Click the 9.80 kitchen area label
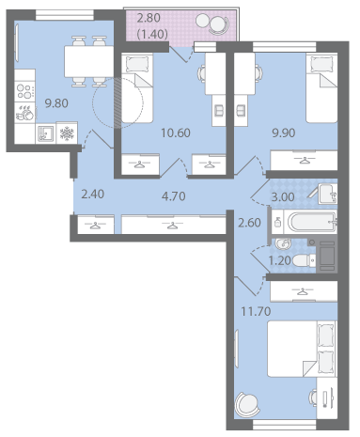[56, 103]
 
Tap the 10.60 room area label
[176, 133]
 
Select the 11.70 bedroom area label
[256, 311]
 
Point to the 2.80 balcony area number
[149, 18]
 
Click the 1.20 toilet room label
[280, 260]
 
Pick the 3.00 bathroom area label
[283, 197]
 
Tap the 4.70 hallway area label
[174, 196]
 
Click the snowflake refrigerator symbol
[67, 133]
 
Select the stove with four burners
[24, 91]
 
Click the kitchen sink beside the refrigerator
[46, 133]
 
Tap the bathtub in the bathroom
[313, 223]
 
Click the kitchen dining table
[89, 62]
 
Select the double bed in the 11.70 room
[302, 349]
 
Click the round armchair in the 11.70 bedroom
[247, 404]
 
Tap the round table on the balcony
[203, 21]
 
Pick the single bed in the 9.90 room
[321, 88]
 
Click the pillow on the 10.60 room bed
[137, 64]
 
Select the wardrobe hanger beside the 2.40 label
[95, 226]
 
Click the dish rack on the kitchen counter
[25, 113]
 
